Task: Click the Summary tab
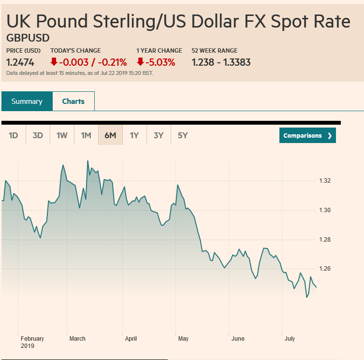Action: click(27, 101)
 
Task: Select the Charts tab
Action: click(73, 101)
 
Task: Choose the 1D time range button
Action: click(14, 135)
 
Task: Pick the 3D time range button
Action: click(38, 135)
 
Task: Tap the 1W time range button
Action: click(62, 135)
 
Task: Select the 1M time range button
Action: click(86, 135)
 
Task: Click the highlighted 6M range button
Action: click(110, 135)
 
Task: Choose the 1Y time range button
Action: click(134, 135)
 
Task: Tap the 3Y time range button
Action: click(159, 135)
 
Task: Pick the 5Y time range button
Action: click(183, 135)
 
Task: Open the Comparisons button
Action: click(307, 136)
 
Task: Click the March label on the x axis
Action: click(77, 339)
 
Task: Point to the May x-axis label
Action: click(183, 339)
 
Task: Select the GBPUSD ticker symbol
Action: click(28, 38)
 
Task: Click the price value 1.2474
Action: click(20, 62)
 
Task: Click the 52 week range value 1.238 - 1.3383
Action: click(221, 62)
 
